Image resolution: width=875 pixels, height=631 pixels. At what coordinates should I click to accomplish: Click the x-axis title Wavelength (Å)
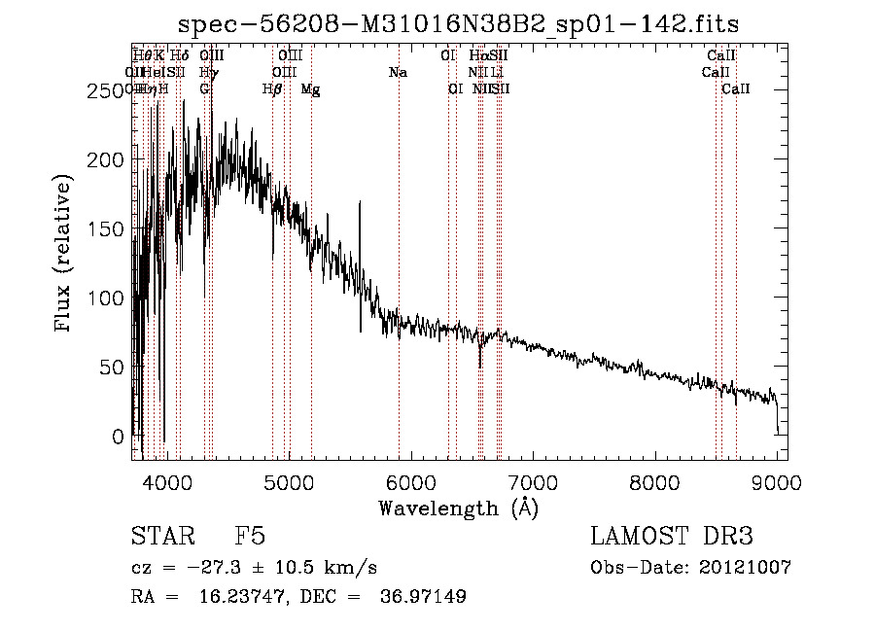[458, 507]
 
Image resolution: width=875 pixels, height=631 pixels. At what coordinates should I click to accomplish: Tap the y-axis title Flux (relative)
[65, 255]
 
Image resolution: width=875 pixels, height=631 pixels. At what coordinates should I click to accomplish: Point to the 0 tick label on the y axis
[120, 437]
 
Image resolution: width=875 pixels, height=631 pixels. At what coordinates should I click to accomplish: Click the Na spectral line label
[397, 73]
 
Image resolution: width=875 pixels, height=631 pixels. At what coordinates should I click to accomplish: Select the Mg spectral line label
[310, 89]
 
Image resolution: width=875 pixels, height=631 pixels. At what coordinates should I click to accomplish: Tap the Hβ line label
[272, 89]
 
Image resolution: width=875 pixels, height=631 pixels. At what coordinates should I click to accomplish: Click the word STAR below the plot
[161, 538]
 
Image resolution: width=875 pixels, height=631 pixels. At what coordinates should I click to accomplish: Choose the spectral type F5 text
[250, 538]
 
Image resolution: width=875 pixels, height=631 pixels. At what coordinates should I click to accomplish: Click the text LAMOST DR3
[672, 538]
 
